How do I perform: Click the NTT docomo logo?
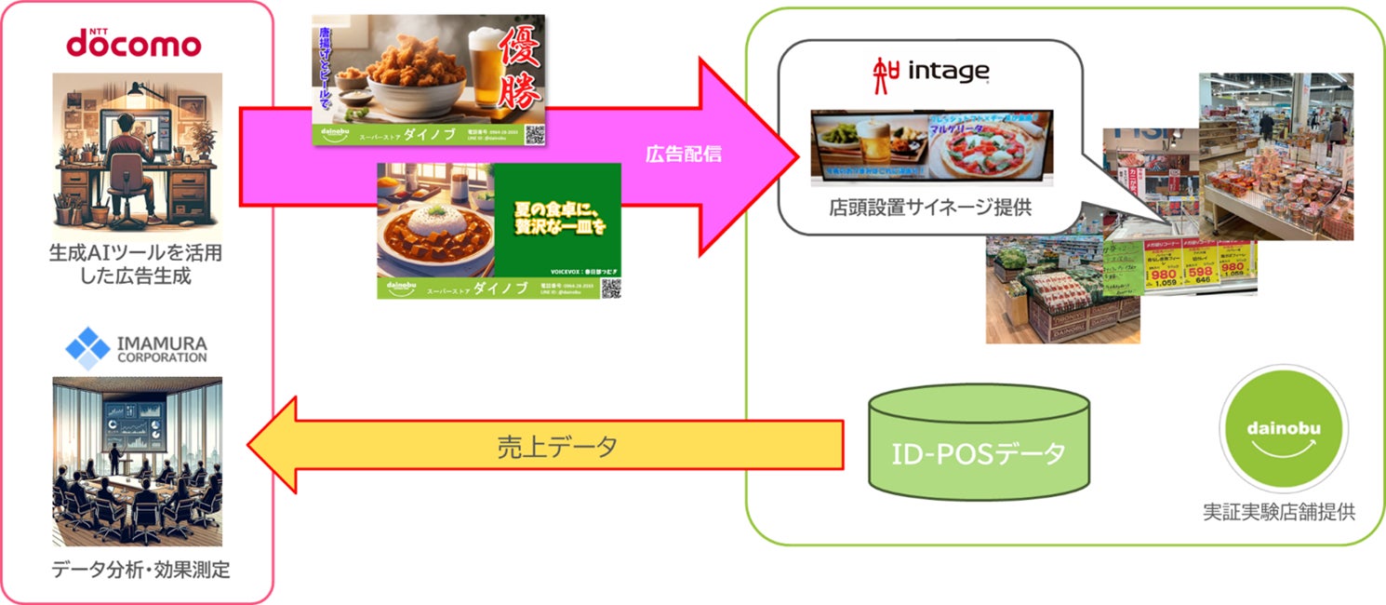132,42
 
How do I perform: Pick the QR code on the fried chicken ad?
533,135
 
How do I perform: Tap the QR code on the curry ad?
609,288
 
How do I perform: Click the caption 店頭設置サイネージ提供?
929,208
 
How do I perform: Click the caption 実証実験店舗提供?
1285,510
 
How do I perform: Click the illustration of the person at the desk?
138,154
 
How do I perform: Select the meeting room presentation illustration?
138,460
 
